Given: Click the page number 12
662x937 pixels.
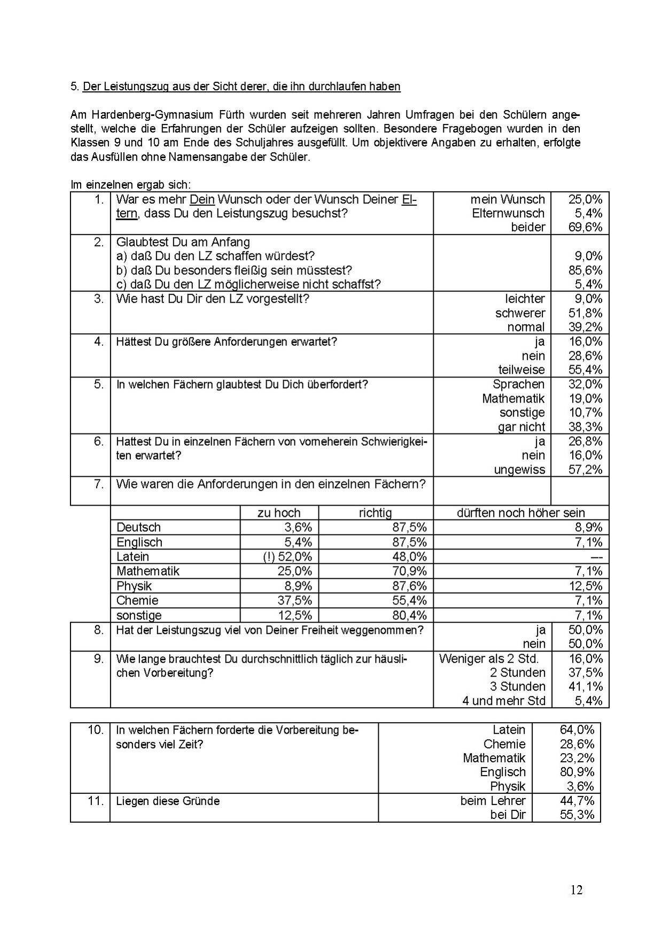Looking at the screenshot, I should coord(576,889).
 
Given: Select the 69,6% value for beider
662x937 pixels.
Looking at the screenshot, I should coord(585,227).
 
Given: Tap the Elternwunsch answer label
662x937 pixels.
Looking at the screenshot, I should coord(508,213).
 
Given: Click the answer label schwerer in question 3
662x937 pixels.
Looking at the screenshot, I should coord(520,313).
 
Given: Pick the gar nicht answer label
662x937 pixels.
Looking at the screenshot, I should coord(521,427).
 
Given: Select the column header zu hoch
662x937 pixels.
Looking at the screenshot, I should coord(279,513).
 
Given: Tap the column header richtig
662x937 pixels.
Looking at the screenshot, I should coord(375,513).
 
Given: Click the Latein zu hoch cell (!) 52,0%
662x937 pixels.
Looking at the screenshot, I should coord(287,556).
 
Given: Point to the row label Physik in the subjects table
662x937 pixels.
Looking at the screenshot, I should coord(134,586).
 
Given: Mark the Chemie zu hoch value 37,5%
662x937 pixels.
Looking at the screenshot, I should coord(294,600).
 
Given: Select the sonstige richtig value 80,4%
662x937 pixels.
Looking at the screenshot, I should coord(409,615).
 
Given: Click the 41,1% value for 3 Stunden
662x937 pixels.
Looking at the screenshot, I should coord(586,686).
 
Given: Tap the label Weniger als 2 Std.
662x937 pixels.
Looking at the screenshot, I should coord(489,659).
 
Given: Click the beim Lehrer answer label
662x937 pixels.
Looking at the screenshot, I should coord(493,801).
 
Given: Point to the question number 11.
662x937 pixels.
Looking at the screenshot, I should coord(95,801).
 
